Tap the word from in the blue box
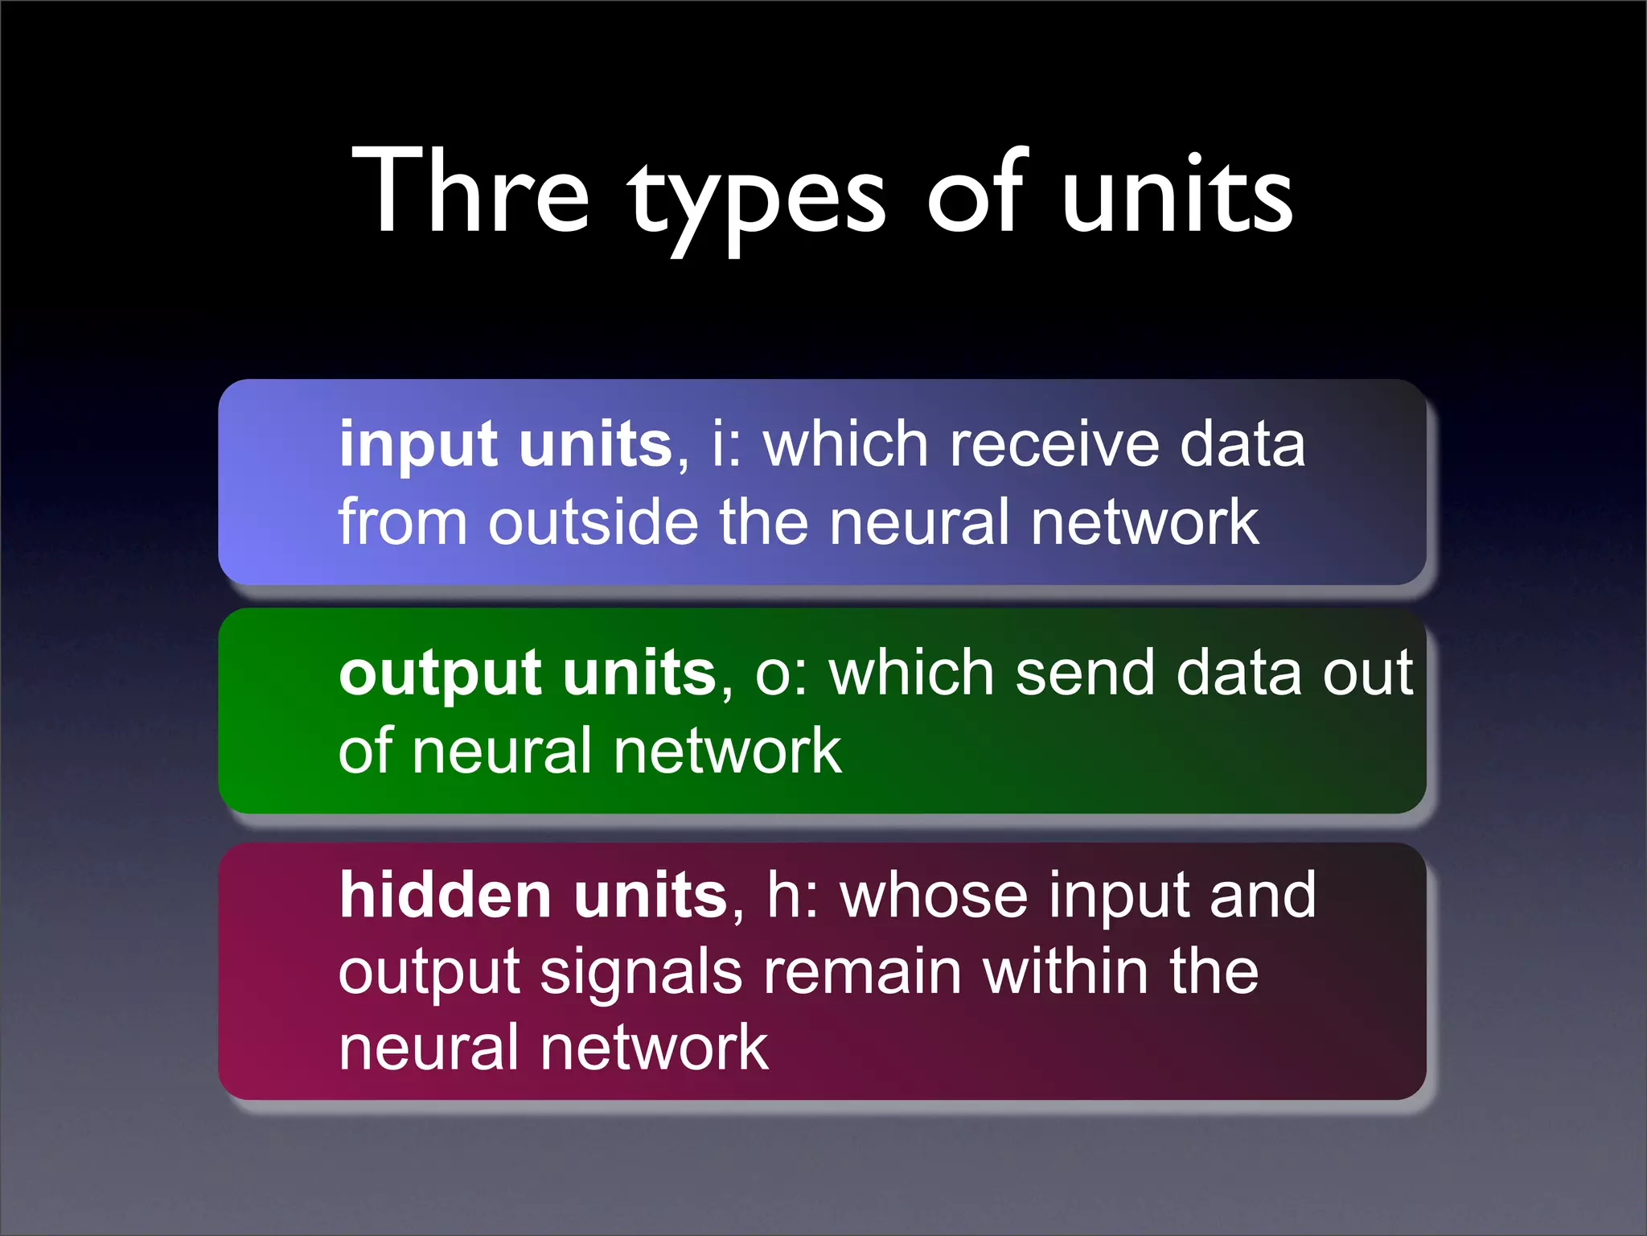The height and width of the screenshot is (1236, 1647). tap(402, 522)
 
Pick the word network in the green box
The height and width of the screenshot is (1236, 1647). tap(727, 751)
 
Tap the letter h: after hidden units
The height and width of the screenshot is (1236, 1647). tap(791, 895)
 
